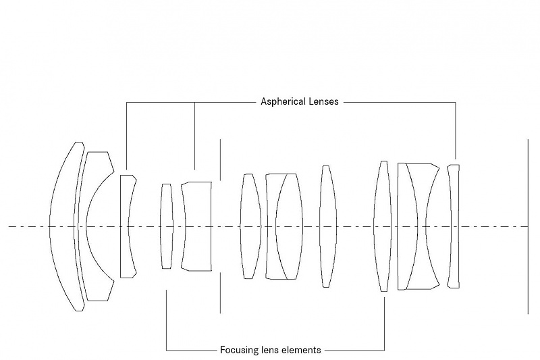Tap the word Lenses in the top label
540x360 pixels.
click(325, 102)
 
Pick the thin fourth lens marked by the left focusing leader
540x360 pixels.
click(166, 226)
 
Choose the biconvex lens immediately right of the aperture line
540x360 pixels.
click(250, 226)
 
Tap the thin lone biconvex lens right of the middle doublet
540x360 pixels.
click(327, 226)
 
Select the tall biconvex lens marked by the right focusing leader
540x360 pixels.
click(383, 226)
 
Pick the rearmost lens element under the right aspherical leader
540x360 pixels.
click(454, 226)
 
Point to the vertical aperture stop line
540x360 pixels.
click(220, 162)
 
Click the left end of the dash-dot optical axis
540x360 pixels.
click(9, 226)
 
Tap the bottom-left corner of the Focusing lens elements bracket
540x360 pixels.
click(166, 350)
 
